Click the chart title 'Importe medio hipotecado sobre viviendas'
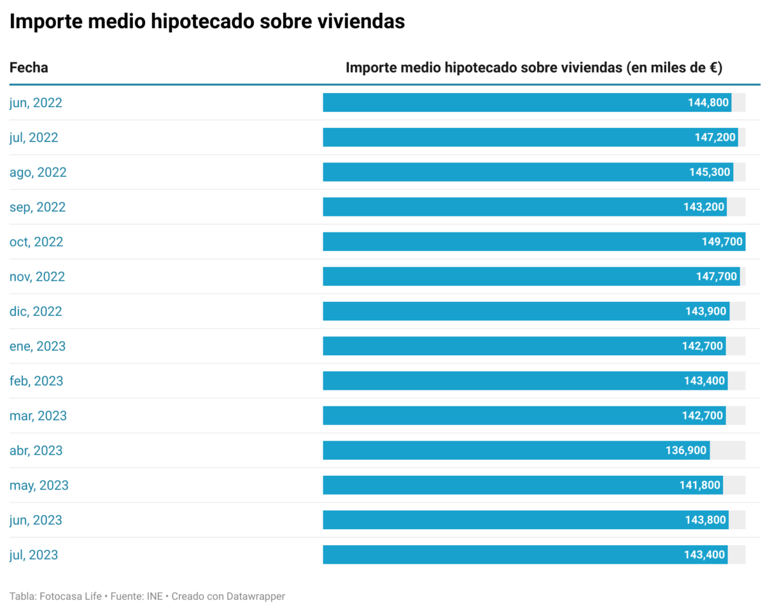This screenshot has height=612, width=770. [207, 21]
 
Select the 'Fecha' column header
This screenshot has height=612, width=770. [29, 67]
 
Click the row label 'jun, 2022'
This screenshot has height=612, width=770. [36, 103]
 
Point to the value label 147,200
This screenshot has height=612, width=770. [715, 137]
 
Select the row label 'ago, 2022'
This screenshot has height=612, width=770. [38, 172]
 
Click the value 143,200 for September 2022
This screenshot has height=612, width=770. [704, 207]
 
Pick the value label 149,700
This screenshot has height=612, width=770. [722, 241]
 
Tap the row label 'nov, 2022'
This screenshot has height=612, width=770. [37, 277]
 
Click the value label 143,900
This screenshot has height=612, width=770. [706, 311]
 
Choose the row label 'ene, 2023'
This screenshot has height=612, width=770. [37, 346]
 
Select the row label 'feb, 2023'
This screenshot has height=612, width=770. [37, 381]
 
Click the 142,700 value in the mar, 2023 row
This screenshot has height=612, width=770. [703, 415]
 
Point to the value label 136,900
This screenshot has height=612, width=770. [686, 450]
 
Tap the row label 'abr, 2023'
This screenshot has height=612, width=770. [36, 450]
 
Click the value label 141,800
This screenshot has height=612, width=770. [700, 485]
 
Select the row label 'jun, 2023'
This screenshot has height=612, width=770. [36, 520]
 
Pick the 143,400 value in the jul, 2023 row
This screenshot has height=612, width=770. [705, 554]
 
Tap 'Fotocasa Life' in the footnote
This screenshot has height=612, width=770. [71, 596]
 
